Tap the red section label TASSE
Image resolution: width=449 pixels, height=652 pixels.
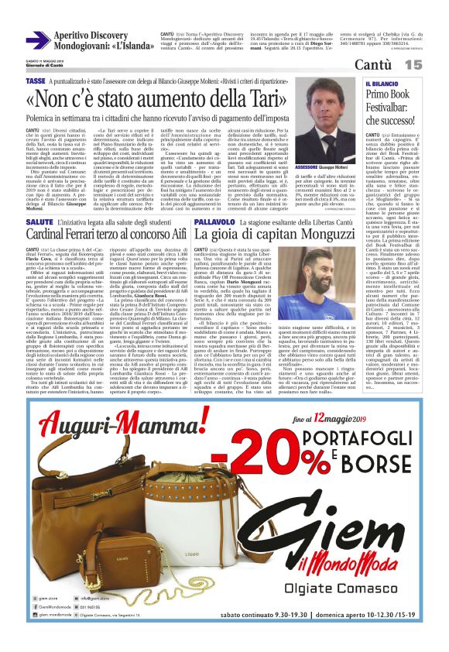[x=35, y=81]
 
